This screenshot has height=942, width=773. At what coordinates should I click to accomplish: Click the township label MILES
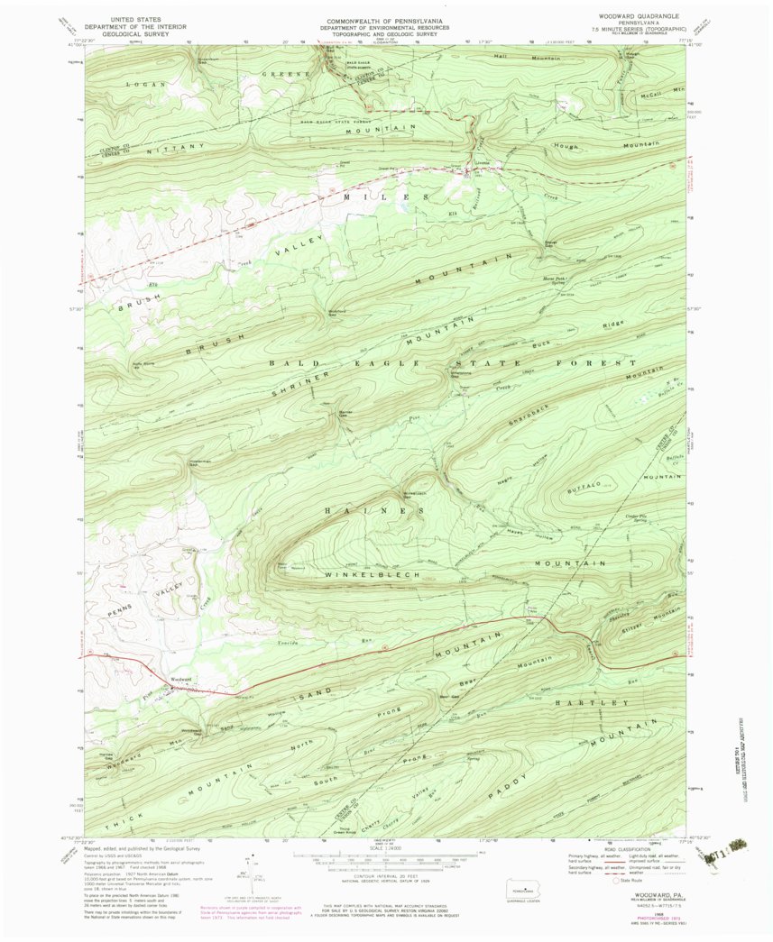tap(384, 196)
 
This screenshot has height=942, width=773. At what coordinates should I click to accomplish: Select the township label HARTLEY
tap(588, 701)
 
